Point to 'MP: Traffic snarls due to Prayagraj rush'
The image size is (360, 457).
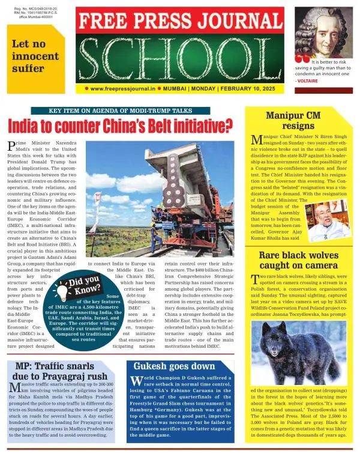60,372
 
